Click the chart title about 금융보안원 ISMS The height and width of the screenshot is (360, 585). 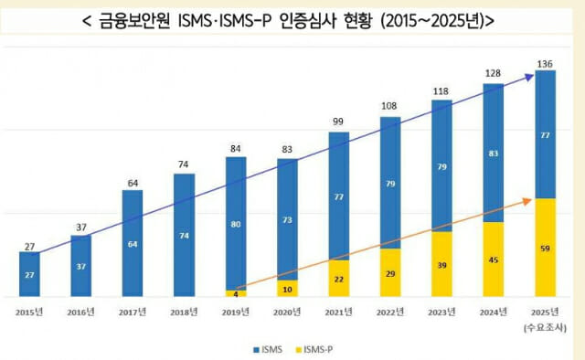pos(292,20)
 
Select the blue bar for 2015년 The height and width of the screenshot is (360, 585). pos(29,274)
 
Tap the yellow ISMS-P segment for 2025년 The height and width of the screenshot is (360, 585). pos(545,247)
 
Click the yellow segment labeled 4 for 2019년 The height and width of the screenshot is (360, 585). pos(236,293)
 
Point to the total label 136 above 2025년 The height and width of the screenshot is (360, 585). pos(546,63)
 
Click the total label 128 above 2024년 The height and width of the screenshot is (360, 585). pos(494,74)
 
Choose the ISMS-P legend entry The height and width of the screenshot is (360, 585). pos(315,348)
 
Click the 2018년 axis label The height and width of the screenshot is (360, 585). pos(184,312)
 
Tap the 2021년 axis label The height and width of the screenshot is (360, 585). pos(339,312)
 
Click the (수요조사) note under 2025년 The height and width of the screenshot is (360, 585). pos(546,326)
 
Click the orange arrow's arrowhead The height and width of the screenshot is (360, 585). pos(530,199)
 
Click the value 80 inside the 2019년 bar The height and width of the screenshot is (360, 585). pos(236,224)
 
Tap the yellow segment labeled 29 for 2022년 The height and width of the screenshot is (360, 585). pos(390,273)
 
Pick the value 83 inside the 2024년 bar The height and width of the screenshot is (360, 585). pos(494,153)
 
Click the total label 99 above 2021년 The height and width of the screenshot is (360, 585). pos(339,122)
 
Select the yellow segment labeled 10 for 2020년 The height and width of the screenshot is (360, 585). pos(287,289)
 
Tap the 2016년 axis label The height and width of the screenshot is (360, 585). pos(80,312)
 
